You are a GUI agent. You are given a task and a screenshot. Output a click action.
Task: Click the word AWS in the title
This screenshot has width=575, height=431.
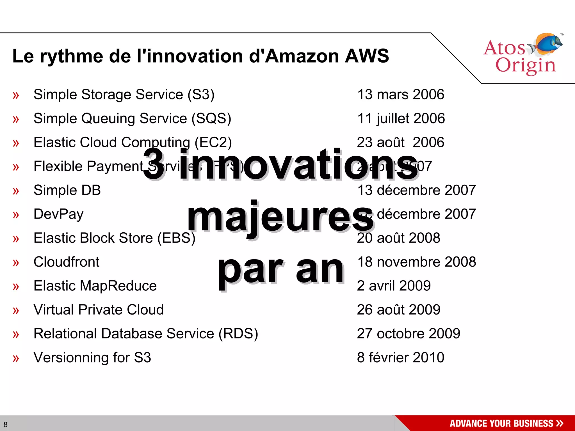click(367, 56)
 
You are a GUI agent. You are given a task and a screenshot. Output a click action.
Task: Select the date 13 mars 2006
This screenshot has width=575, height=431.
click(400, 95)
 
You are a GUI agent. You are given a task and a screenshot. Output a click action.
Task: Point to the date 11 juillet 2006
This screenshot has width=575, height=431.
click(401, 118)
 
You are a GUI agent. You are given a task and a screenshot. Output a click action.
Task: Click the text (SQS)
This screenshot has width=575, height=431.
click(211, 118)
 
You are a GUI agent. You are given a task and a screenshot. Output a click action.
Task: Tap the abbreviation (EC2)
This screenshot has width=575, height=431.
click(213, 142)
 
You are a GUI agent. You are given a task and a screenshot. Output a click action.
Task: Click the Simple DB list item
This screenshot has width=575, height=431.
click(67, 190)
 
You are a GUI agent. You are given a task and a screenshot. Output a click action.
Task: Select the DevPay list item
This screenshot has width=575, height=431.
click(58, 214)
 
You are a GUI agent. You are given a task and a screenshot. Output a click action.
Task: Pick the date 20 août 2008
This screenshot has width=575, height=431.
click(398, 238)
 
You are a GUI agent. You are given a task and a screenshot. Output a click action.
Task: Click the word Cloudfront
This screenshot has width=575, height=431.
click(66, 262)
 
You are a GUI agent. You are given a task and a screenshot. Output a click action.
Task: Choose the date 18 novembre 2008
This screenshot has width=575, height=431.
click(416, 262)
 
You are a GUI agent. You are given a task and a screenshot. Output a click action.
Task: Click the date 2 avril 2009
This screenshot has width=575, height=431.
click(393, 286)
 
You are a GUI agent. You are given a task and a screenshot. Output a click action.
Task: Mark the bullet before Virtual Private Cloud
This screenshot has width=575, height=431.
click(16, 310)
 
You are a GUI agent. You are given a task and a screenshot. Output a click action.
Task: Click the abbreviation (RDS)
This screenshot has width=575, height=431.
click(238, 334)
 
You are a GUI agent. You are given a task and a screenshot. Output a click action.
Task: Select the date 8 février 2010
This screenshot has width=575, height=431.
click(400, 357)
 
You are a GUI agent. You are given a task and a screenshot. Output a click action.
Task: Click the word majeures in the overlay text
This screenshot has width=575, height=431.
click(280, 217)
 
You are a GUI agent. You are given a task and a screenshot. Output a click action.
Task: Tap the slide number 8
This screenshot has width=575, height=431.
click(6, 424)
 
